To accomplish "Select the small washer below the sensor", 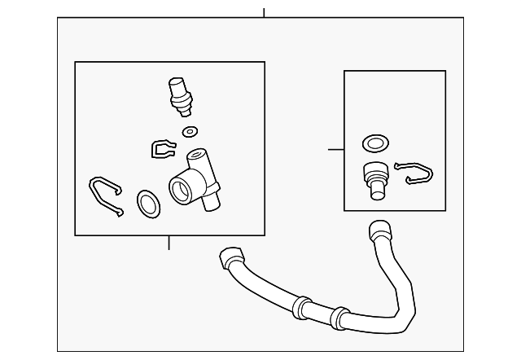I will coord(190,131).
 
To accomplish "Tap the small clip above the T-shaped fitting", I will coord(163,149).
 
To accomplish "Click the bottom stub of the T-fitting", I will coord(211,200).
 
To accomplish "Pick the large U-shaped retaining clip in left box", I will coord(105,195).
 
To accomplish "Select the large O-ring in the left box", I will coord(147,204).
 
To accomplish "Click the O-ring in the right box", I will coord(374,144).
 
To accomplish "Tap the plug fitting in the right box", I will coord(375,178).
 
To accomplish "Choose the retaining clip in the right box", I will coord(414,173).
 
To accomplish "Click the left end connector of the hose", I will coord(230,259).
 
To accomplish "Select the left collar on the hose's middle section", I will coord(301,308).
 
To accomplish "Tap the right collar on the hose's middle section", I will coord(341,318).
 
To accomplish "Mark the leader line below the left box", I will coord(169,243).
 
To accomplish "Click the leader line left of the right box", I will coord(335,149).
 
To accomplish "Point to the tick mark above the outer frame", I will coord(264,12).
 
